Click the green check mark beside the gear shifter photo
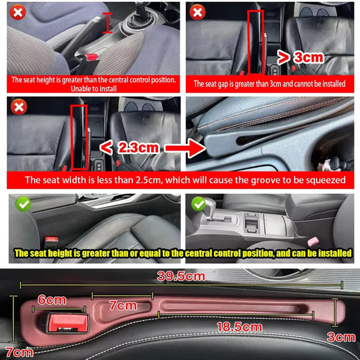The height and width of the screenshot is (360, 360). point(198,203)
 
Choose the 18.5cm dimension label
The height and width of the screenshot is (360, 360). point(238,327)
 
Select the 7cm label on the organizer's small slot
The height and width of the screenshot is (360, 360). point(122,305)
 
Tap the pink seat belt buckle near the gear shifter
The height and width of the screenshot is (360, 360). point(312,241)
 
